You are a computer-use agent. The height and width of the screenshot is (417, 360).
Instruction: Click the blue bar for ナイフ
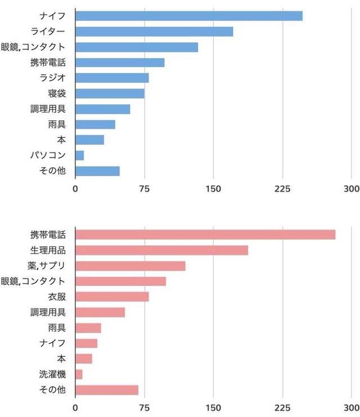tap(188, 16)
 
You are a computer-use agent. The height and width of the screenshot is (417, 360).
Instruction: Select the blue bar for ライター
tap(154, 32)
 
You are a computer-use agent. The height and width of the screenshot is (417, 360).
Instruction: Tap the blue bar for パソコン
tap(79, 155)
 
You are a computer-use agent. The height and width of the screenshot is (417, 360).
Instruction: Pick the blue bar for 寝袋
tap(110, 93)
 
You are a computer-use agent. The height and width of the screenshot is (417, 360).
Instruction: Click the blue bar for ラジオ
tap(112, 78)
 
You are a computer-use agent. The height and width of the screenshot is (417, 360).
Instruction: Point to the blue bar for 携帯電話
tap(120, 62)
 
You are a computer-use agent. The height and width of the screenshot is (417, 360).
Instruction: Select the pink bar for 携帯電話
tap(205, 235)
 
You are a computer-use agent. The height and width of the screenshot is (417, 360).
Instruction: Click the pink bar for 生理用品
tap(161, 250)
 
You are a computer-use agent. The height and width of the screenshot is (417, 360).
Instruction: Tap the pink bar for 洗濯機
tap(79, 374)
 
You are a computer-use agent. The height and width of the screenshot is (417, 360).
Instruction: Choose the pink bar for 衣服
tap(112, 297)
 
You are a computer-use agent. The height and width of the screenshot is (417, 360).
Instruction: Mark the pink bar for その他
tap(107, 390)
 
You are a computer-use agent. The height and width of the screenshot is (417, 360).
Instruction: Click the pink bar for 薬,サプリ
tap(130, 266)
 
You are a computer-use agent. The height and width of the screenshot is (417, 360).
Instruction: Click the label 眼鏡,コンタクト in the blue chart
tap(33, 47)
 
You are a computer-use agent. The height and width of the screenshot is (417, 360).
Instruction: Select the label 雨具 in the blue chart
tap(57, 124)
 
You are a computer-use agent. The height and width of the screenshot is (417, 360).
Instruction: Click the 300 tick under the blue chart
tap(351, 189)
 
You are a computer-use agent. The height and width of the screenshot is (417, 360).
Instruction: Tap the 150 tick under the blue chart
tap(213, 189)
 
